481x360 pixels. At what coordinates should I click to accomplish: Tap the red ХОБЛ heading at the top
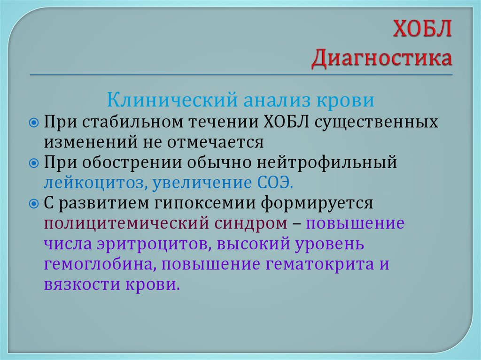click(x=422, y=32)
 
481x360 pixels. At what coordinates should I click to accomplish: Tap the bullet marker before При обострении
click(x=34, y=163)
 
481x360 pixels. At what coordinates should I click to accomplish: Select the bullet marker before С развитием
click(x=34, y=203)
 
